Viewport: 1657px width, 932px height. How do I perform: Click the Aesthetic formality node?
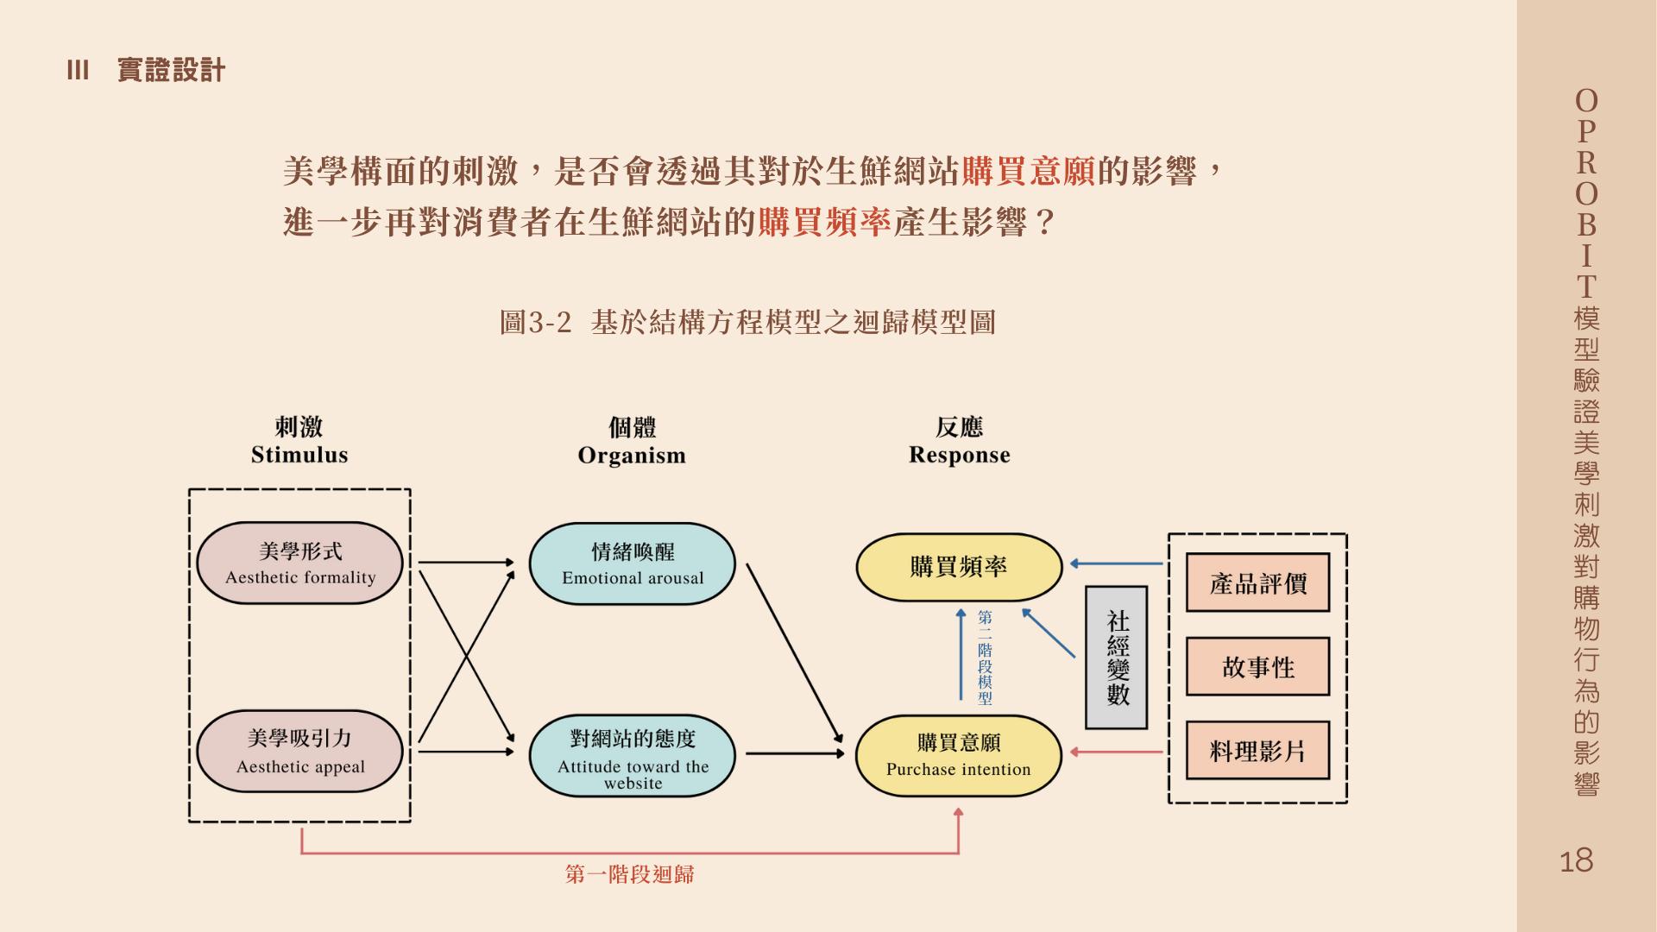[x=299, y=563]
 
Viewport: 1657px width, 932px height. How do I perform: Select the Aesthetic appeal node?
[x=299, y=751]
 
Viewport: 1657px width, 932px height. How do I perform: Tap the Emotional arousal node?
[x=632, y=564]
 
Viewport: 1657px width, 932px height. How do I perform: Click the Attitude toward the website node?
[x=632, y=756]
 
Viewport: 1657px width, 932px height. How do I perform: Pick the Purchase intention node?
[x=958, y=755]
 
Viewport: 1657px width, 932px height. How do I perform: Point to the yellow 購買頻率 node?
[x=958, y=567]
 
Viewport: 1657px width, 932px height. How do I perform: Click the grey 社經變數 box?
[x=1117, y=658]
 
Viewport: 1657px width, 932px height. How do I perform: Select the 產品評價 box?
[x=1257, y=583]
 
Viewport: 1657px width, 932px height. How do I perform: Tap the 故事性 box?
[x=1257, y=667]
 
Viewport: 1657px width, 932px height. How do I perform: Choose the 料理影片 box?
[x=1257, y=751]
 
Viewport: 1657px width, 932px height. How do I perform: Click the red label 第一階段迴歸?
[x=629, y=874]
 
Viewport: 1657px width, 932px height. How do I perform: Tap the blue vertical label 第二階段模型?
[x=985, y=658]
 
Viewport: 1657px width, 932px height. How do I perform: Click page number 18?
[x=1576, y=860]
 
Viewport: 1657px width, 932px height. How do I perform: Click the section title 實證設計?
[x=171, y=71]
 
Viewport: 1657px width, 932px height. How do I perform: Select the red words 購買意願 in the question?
[x=1028, y=172]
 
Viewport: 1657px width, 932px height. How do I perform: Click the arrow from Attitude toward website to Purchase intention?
[x=794, y=753]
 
